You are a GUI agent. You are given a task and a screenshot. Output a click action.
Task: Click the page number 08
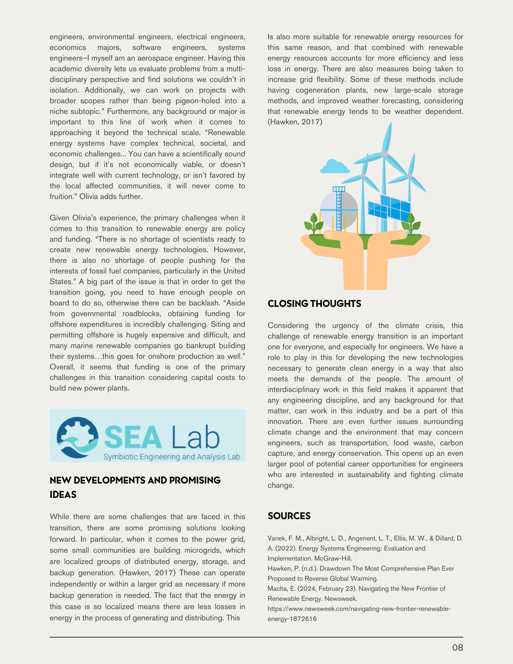(x=457, y=648)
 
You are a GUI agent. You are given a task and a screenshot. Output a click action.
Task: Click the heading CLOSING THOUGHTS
(x=314, y=304)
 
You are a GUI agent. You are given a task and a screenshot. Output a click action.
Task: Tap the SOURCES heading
(x=289, y=516)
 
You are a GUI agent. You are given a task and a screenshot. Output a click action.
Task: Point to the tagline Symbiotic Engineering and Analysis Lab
(x=172, y=457)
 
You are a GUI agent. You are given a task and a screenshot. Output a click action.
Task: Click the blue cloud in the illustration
(x=334, y=167)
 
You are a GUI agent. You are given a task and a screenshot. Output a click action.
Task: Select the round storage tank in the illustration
(x=339, y=210)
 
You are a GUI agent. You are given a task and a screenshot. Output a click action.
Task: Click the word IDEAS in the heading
(x=63, y=495)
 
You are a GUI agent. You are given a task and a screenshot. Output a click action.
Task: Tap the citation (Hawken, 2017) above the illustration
(x=295, y=122)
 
